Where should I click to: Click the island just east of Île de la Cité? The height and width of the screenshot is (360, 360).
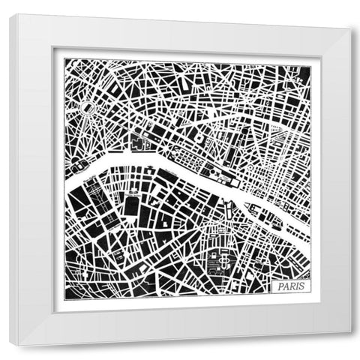pos(275,223)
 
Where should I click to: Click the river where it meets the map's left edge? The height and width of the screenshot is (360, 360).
pos(66,185)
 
